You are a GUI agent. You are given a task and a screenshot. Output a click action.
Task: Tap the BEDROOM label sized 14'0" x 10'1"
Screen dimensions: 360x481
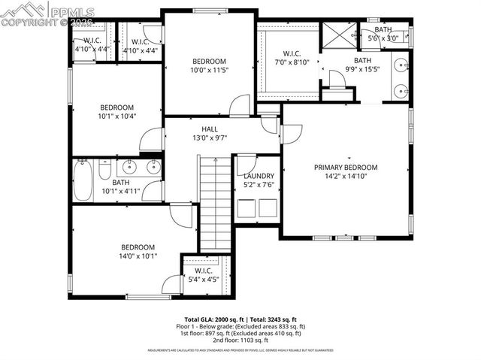(x=138, y=247)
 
